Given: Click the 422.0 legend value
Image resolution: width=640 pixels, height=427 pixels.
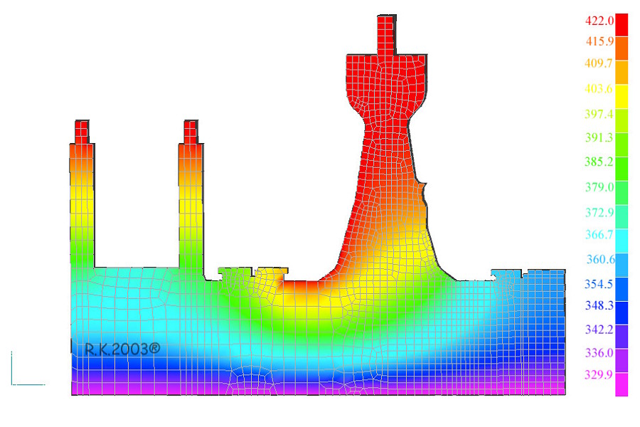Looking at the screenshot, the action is coord(599,21).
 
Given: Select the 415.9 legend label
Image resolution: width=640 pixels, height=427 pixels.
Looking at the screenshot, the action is coord(599,41).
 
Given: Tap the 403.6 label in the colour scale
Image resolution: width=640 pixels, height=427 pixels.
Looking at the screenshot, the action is coord(599,89).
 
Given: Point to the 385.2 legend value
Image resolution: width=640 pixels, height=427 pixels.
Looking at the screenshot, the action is coord(599,162).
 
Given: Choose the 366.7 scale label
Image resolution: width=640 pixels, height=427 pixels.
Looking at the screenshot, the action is coord(599,235).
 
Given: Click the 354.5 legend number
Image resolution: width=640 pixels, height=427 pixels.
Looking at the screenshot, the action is coord(599,284).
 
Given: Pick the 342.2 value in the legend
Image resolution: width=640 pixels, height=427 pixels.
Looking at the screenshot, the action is coord(599,330).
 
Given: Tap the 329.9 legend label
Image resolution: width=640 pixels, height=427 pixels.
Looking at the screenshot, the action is coord(599,375).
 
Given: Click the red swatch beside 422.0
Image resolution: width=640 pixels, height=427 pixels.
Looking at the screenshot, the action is coord(622,25).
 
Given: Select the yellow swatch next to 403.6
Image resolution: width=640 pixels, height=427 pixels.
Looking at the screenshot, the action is coord(622,97).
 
